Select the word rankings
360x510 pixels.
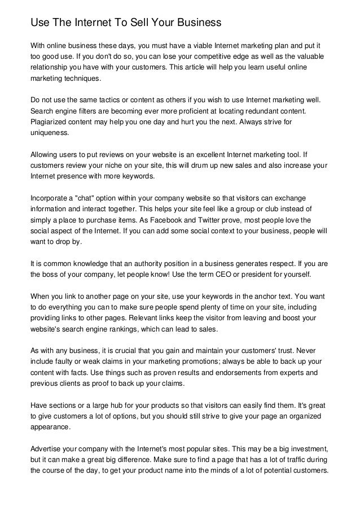pos(138,330)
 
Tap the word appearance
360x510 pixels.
pos(51,427)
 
